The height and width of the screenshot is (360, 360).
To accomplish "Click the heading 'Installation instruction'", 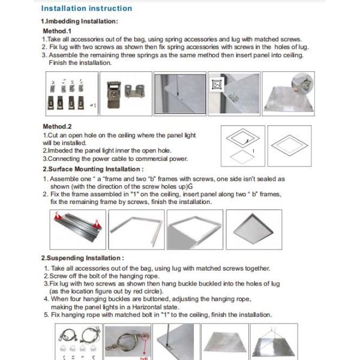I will pyautogui.click(x=86, y=8).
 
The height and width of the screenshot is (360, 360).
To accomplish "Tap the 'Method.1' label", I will pyautogui.click(x=58, y=30).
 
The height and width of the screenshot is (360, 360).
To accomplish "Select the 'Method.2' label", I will pyautogui.click(x=58, y=127).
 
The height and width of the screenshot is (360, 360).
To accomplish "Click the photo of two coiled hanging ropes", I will pyautogui.click(x=79, y=339).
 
